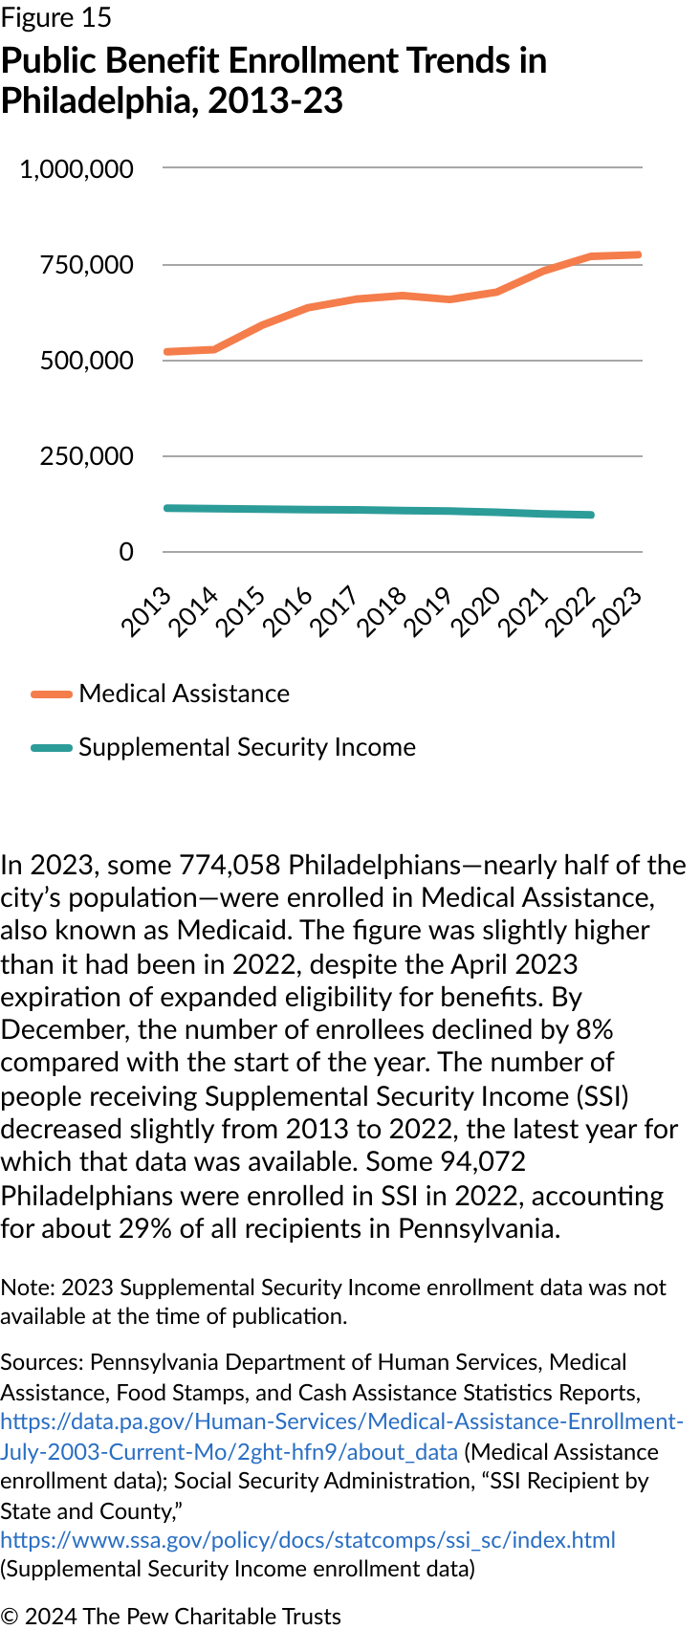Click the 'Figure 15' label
pos(56,18)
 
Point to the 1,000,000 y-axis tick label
pos(77,169)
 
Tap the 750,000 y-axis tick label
pos(86,265)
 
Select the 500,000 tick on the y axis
pos(86,361)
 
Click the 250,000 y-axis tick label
pos(86,456)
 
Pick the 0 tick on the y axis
pos(126,552)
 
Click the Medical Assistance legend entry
pos(184,694)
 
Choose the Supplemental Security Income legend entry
pos(247,747)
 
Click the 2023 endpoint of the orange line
pos(638,254)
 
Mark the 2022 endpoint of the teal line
pos(591,515)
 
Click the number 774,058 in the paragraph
pos(230,865)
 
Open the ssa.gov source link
pos(308,1540)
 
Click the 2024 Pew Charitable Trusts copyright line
pos(171,1616)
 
